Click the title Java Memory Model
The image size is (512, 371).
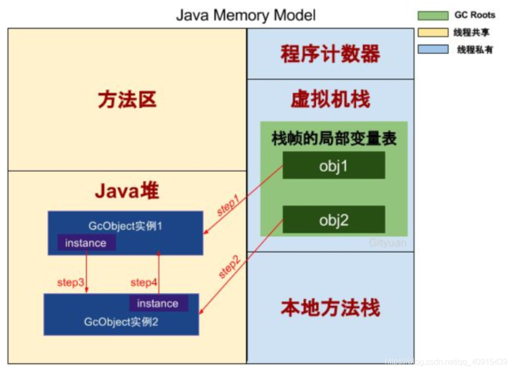tap(246, 16)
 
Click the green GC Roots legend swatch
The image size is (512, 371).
tap(433, 16)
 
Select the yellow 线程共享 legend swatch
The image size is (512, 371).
tap(433, 33)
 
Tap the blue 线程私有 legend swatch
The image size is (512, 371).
tap(433, 50)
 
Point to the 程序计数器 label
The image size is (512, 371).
tap(330, 54)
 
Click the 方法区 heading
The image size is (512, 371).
tap(127, 99)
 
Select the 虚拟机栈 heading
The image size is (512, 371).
tap(330, 99)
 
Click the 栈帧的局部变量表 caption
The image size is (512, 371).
tap(333, 138)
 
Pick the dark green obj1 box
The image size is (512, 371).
tap(333, 165)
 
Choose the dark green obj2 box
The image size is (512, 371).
tap(333, 219)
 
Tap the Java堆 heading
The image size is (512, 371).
tap(127, 191)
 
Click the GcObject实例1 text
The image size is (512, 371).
tap(125, 226)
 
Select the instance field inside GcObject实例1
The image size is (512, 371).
tap(86, 242)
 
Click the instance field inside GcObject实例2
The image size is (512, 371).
tap(158, 303)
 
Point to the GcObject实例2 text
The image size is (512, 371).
tap(121, 322)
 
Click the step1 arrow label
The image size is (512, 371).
tap(228, 206)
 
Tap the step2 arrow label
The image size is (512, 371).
tap(229, 267)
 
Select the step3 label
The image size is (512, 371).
tap(70, 282)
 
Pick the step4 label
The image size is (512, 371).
tap(143, 282)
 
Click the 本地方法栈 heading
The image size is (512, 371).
tap(330, 307)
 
